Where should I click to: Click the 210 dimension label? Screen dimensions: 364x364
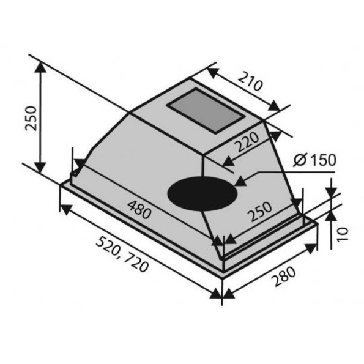pyautogui.click(x=250, y=81)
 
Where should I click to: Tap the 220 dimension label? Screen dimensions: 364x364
pyautogui.click(x=247, y=141)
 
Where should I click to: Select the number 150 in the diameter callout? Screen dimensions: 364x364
pyautogui.click(x=323, y=160)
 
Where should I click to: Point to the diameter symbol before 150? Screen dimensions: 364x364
pyautogui.click(x=300, y=160)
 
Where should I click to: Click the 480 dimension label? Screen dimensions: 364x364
pyautogui.click(x=139, y=210)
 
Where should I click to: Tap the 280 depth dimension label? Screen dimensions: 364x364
pyautogui.click(x=284, y=277)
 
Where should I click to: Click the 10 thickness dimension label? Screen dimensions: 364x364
pyautogui.click(x=343, y=234)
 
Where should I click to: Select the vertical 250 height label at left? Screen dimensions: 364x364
pyautogui.click(x=31, y=119)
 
